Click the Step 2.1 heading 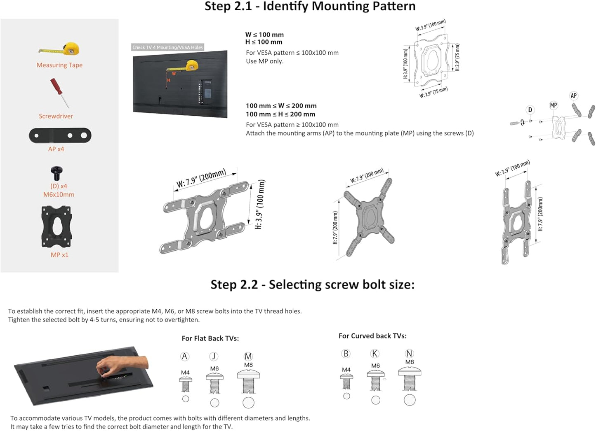310,7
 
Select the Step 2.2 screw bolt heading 312,285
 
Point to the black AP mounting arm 60,135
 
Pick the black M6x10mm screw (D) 57,172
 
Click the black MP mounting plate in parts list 57,227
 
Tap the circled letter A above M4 185,356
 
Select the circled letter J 214,356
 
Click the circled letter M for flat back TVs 248,356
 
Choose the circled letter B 346,354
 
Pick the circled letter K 375,354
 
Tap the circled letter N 409,354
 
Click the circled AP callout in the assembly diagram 573,96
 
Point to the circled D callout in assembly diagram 530,110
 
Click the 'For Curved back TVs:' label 372,336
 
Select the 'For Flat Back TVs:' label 210,338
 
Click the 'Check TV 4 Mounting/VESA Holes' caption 167,47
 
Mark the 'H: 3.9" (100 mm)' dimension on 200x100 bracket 260,205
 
